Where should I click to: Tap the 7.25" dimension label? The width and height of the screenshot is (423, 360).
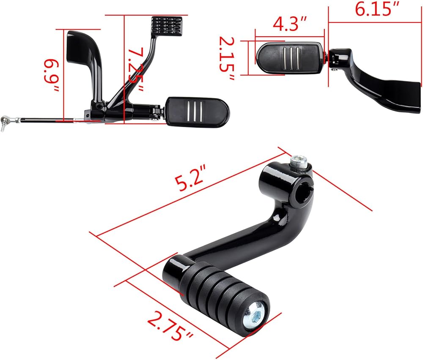click(x=136, y=70)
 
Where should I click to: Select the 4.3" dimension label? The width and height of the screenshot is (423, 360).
click(x=289, y=24)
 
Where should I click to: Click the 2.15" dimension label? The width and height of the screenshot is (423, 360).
click(x=227, y=58)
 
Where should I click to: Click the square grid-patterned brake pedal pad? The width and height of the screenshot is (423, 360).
click(x=167, y=26)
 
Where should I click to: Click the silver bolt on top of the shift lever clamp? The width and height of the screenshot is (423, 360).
click(x=299, y=164)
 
